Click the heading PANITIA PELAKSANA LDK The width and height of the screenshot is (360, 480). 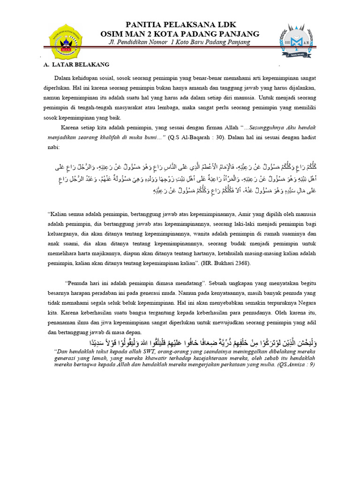(x=180, y=24)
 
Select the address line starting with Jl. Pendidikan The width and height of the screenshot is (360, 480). (x=180, y=42)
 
